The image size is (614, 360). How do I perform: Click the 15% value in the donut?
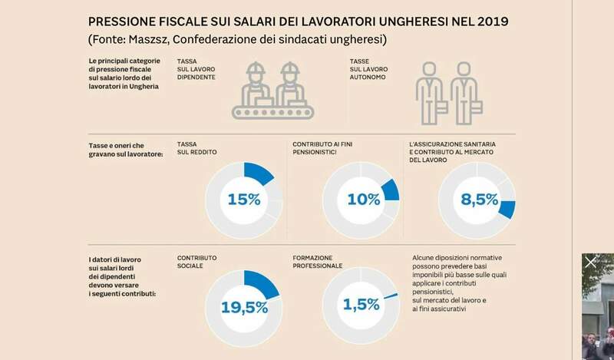click(244, 200)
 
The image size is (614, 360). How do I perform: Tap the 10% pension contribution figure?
click(364, 200)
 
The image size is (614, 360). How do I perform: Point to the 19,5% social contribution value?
click(244, 307)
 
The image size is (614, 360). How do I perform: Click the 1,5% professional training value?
click(361, 305)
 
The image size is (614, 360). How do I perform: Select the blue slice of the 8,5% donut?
click(507, 210)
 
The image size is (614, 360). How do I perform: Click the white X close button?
click(591, 263)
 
